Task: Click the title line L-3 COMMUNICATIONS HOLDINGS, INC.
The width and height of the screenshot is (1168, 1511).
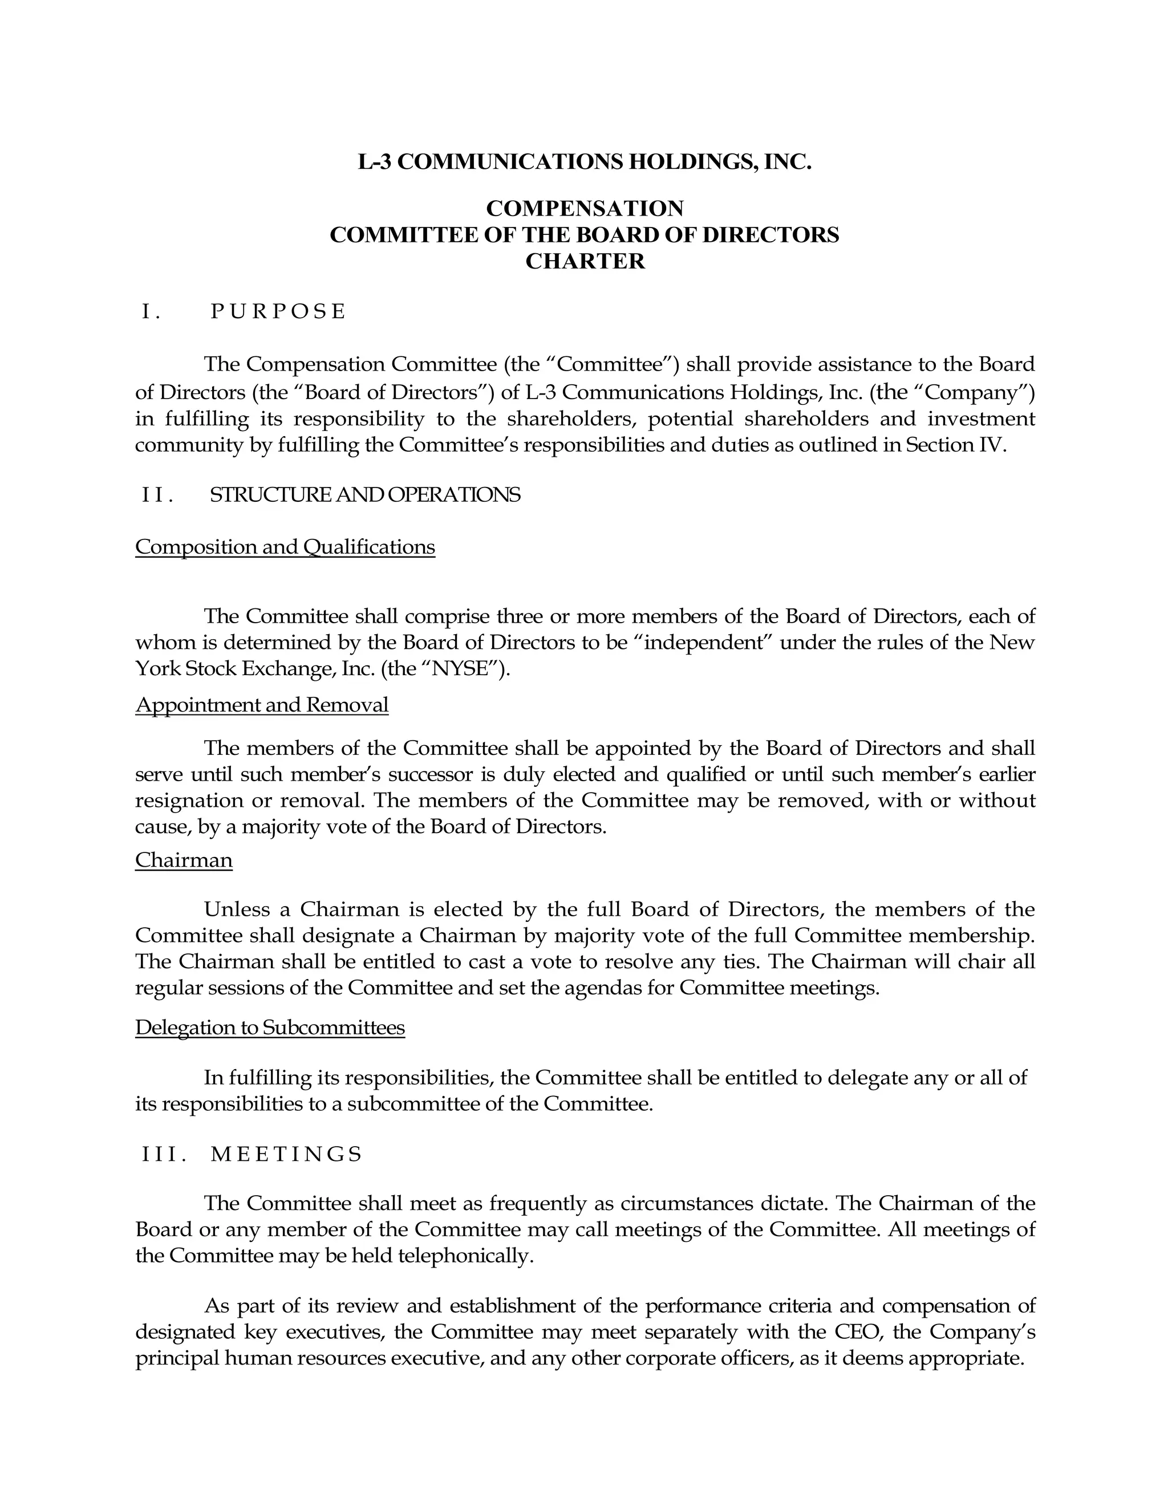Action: click(584, 162)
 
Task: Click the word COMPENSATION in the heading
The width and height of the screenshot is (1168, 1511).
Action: click(585, 208)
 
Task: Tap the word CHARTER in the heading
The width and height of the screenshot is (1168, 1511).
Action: click(585, 262)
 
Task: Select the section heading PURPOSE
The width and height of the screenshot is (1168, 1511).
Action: click(278, 312)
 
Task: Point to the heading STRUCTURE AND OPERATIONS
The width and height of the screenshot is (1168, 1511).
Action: click(364, 495)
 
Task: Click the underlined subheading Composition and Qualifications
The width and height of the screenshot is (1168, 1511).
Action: click(285, 547)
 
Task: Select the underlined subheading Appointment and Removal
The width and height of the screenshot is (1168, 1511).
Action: click(262, 705)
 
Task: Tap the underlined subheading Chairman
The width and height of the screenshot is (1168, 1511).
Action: click(184, 860)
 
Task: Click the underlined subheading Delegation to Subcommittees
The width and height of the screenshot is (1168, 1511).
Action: click(270, 1027)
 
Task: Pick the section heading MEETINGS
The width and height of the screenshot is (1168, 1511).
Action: click(286, 1154)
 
